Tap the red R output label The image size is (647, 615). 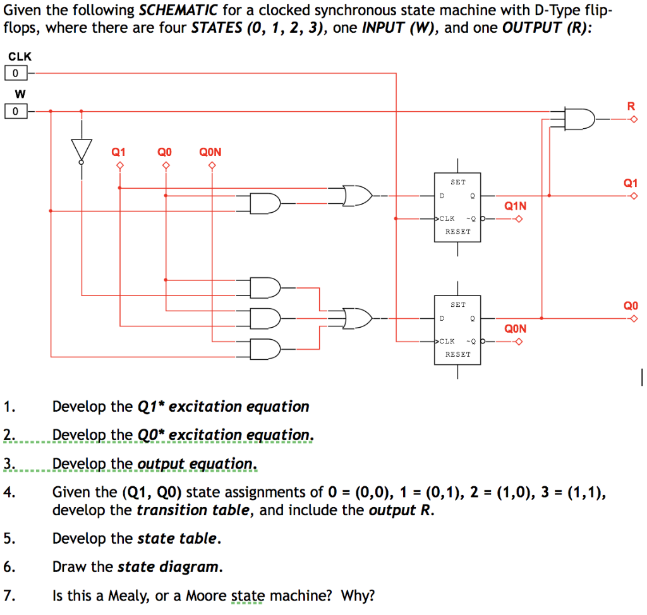tap(630, 105)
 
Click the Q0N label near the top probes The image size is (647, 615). tap(210, 152)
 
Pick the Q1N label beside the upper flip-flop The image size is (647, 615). tap(515, 206)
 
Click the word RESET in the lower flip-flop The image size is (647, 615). tap(458, 354)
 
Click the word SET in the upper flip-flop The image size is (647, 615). tap(458, 182)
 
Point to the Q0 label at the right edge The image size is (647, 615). tap(630, 306)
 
